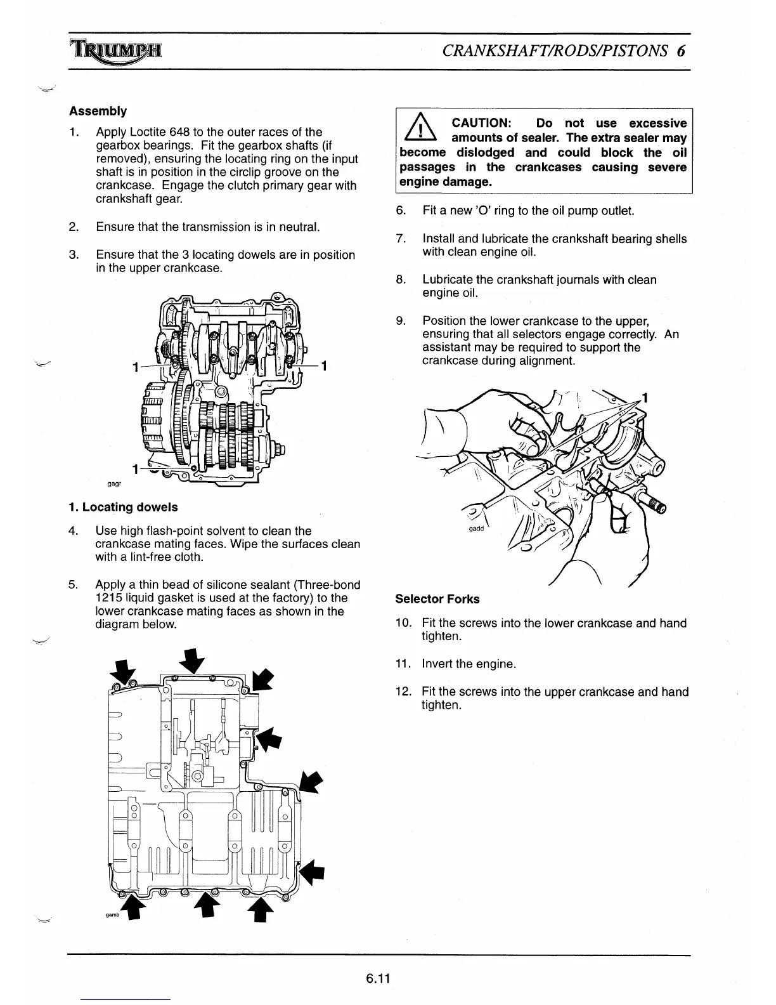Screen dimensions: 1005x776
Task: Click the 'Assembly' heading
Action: pyautogui.click(x=98, y=111)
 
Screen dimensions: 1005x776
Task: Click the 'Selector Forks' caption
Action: pyautogui.click(x=437, y=599)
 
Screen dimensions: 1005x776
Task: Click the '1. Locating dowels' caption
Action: pyautogui.click(x=123, y=507)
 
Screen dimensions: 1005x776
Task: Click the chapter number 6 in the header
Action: pyautogui.click(x=681, y=51)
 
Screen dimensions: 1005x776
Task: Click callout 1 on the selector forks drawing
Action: pyautogui.click(x=645, y=398)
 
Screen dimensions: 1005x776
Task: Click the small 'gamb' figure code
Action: pyautogui.click(x=113, y=916)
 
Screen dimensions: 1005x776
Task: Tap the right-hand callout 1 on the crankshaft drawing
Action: pyautogui.click(x=324, y=366)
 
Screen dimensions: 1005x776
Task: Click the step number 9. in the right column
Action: pyautogui.click(x=401, y=321)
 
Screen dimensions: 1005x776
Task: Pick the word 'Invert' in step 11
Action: pyautogui.click(x=437, y=664)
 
